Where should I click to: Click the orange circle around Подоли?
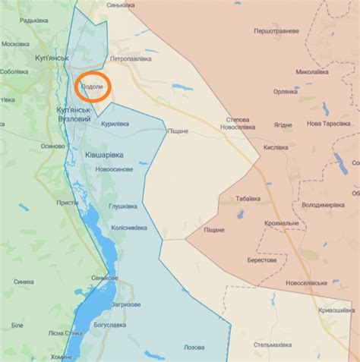click(x=94, y=88)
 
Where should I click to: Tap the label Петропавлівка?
click(x=134, y=58)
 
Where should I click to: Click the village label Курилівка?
click(x=115, y=124)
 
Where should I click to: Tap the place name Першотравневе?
click(x=276, y=31)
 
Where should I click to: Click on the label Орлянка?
click(x=286, y=91)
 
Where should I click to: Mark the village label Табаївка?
click(x=248, y=198)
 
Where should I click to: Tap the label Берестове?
click(x=262, y=260)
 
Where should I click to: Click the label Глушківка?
click(x=123, y=206)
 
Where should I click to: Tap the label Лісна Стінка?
click(x=65, y=333)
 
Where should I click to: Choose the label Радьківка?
click(x=34, y=20)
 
